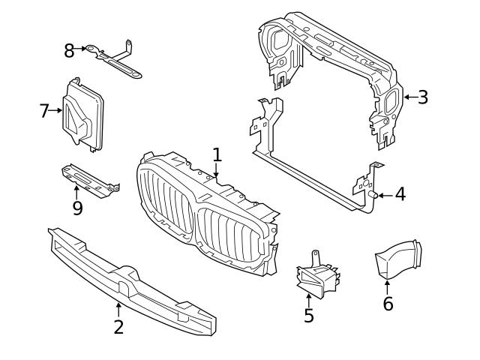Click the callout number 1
(x=217, y=155)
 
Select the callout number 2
(x=118, y=327)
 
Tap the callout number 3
(x=423, y=97)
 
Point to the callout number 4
(x=400, y=195)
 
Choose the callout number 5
(x=309, y=316)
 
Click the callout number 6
(x=388, y=304)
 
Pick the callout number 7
(x=44, y=111)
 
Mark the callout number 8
(x=69, y=50)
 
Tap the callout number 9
(x=77, y=208)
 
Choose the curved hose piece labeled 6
(x=397, y=259)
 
